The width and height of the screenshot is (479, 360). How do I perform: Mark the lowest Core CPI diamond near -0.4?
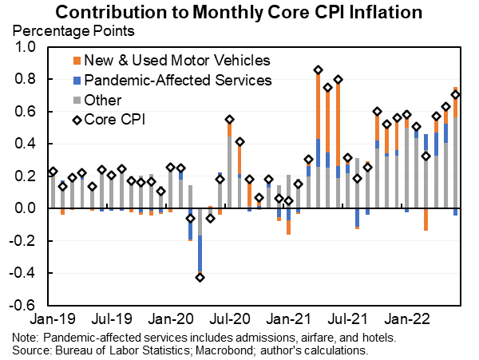click(x=200, y=277)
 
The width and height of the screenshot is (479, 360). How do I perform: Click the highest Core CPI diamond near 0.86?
click(x=318, y=70)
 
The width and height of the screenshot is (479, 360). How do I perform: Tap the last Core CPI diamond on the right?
click(x=455, y=95)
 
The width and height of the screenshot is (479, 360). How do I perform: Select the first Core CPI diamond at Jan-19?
click(x=53, y=172)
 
